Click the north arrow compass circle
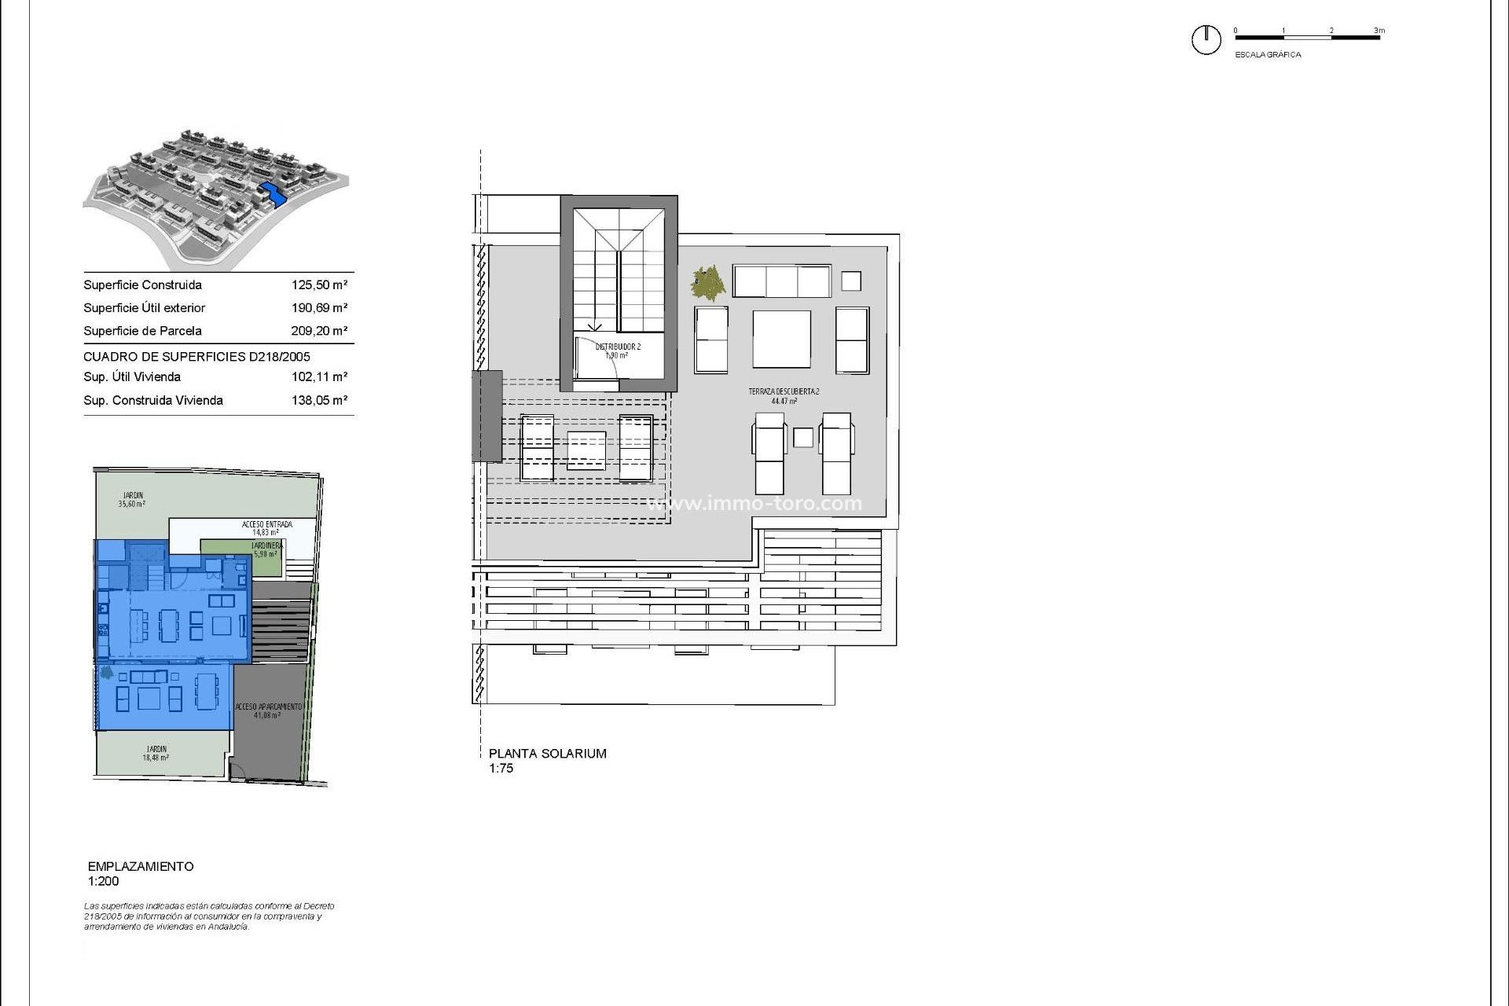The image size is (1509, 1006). pos(1206,39)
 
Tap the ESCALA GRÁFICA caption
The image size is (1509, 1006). pos(1268,55)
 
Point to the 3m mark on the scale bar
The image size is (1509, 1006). pos(1379,31)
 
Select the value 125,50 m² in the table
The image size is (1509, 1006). pos(319,285)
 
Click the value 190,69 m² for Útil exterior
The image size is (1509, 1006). pos(319,308)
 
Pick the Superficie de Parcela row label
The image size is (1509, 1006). pos(142,331)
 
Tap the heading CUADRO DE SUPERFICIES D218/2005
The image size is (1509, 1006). pos(196,357)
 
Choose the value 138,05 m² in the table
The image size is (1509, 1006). pos(319,400)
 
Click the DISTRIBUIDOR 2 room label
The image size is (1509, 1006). pos(618,347)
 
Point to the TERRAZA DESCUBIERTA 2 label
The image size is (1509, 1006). pos(784,391)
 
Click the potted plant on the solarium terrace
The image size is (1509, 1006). pos(708,283)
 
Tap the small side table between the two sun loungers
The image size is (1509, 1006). pos(802,438)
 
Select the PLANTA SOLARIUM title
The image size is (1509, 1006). pos(547,754)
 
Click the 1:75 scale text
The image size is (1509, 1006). pos(501,769)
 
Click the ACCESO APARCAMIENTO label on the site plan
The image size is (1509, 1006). pos(268,707)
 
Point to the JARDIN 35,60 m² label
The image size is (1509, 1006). pos(132,500)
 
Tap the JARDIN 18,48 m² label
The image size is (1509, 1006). pos(156,754)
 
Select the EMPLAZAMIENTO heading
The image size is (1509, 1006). pos(141,866)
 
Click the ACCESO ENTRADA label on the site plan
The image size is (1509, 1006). pos(266,524)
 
